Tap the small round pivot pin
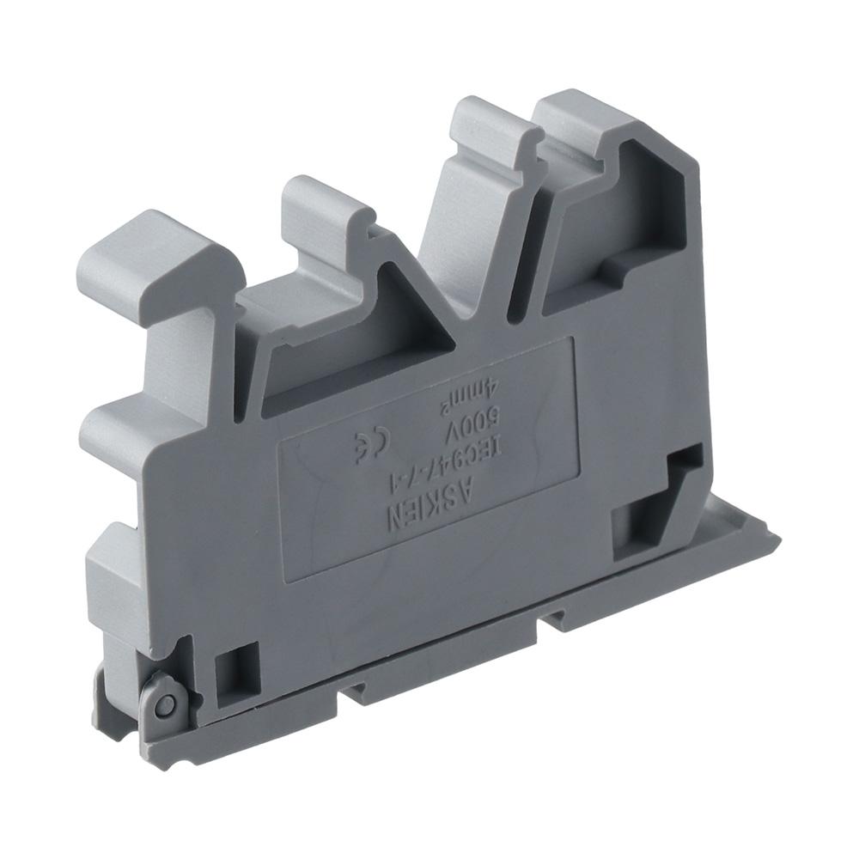(x=166, y=706)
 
